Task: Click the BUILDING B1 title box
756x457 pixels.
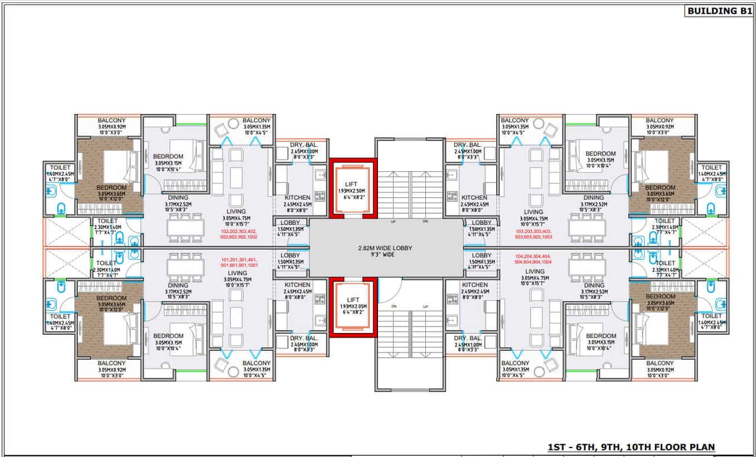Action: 719,11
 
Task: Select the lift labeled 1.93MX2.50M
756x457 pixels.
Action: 353,188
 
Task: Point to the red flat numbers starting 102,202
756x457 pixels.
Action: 239,234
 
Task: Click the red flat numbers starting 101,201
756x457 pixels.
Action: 239,263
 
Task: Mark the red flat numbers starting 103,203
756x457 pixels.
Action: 533,234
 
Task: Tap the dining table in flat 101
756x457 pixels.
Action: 185,267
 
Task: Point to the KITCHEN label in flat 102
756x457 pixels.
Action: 297,198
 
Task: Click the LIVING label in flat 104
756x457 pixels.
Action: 533,271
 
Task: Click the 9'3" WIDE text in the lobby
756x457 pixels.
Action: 386,255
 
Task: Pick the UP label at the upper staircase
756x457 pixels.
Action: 393,221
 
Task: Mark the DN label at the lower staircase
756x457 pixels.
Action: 393,306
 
